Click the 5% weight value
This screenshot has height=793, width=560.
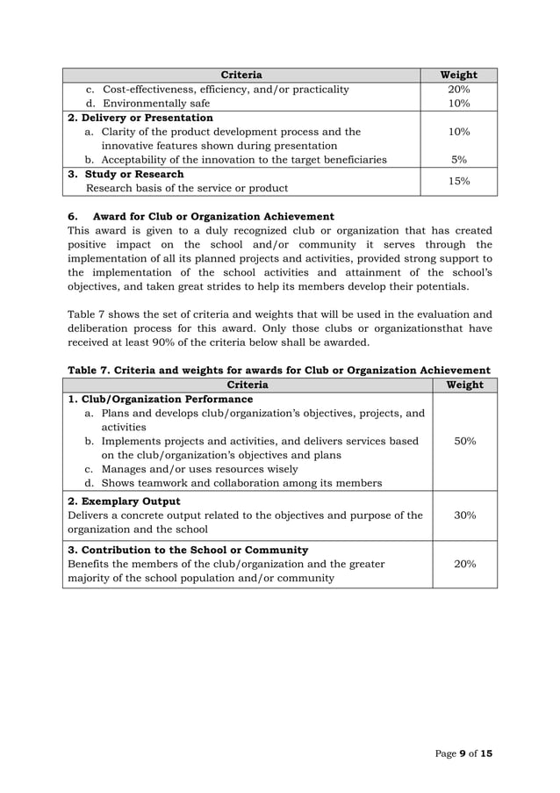click(x=458, y=160)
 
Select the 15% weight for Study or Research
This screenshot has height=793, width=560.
click(x=458, y=181)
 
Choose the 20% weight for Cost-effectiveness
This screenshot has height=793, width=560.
click(x=458, y=90)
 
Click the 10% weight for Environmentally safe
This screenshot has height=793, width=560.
click(x=458, y=104)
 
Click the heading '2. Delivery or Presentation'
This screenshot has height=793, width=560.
click(x=140, y=118)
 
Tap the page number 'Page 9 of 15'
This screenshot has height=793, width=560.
click(x=463, y=755)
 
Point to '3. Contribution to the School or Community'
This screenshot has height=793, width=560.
click(x=188, y=550)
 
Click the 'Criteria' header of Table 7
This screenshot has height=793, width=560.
click(x=248, y=385)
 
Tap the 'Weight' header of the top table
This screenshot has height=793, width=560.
click(x=458, y=75)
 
